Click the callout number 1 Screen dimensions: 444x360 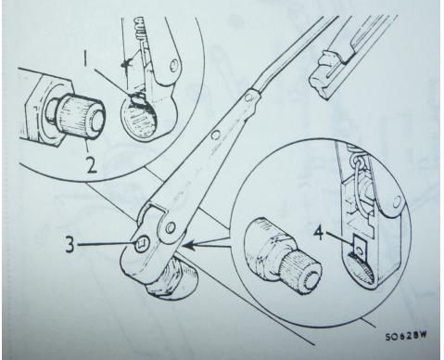click(85, 59)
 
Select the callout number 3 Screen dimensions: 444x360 click(70, 244)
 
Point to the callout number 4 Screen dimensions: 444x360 click(320, 232)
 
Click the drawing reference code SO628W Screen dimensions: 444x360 click(406, 336)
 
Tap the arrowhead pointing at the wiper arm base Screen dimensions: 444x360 click(188, 246)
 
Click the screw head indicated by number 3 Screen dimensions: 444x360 click(143, 244)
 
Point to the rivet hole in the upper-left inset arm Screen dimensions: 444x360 click(174, 65)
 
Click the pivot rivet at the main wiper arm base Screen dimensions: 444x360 click(169, 228)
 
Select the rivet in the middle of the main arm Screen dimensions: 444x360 click(215, 135)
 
